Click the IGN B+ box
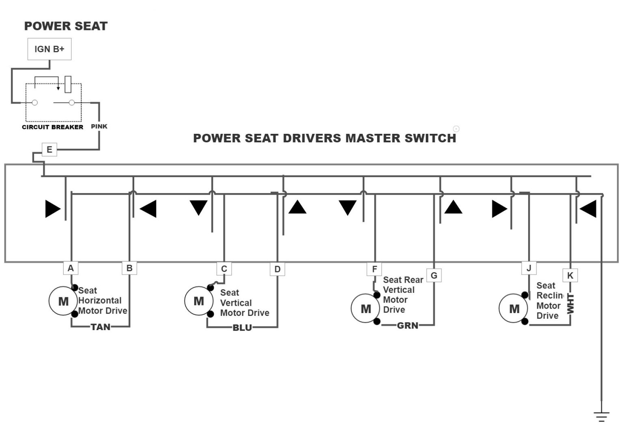49,49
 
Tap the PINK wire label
99,127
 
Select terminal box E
49,150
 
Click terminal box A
71,268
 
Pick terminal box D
277,269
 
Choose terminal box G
434,276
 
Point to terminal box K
570,276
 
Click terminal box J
528,268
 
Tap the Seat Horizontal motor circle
63,301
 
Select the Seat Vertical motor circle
198,301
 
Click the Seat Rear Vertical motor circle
365,309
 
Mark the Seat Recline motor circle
513,309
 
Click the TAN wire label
100,327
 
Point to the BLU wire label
242,328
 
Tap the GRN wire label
407,326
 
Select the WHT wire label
570,304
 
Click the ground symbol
602,416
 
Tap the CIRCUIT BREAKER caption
52,127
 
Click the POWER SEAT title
66,26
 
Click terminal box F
374,269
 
